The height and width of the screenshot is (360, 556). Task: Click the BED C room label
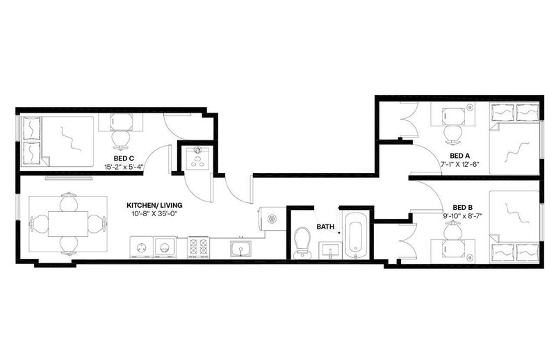[x=124, y=158]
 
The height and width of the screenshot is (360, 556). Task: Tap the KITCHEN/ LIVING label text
[x=154, y=205]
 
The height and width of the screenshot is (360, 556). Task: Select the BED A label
[x=460, y=156]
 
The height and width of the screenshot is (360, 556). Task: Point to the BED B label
[x=462, y=207]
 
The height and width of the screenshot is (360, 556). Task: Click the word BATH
[x=325, y=227]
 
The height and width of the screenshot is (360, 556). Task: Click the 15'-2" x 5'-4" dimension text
[x=124, y=167]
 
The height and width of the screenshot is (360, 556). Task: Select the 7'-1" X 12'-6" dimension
[x=460, y=164]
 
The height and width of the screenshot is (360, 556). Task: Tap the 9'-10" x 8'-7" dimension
[x=462, y=215]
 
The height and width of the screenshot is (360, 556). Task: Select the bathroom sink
[x=329, y=251]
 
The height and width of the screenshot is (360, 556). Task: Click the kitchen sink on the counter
[x=240, y=247]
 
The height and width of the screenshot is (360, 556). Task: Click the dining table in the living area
[x=68, y=224]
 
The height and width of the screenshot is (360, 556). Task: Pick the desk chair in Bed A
[x=453, y=134]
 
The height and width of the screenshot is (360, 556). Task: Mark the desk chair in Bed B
[x=454, y=230]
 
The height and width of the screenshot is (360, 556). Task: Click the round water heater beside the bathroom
[x=272, y=219]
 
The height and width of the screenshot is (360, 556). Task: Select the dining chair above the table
[x=69, y=202]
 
